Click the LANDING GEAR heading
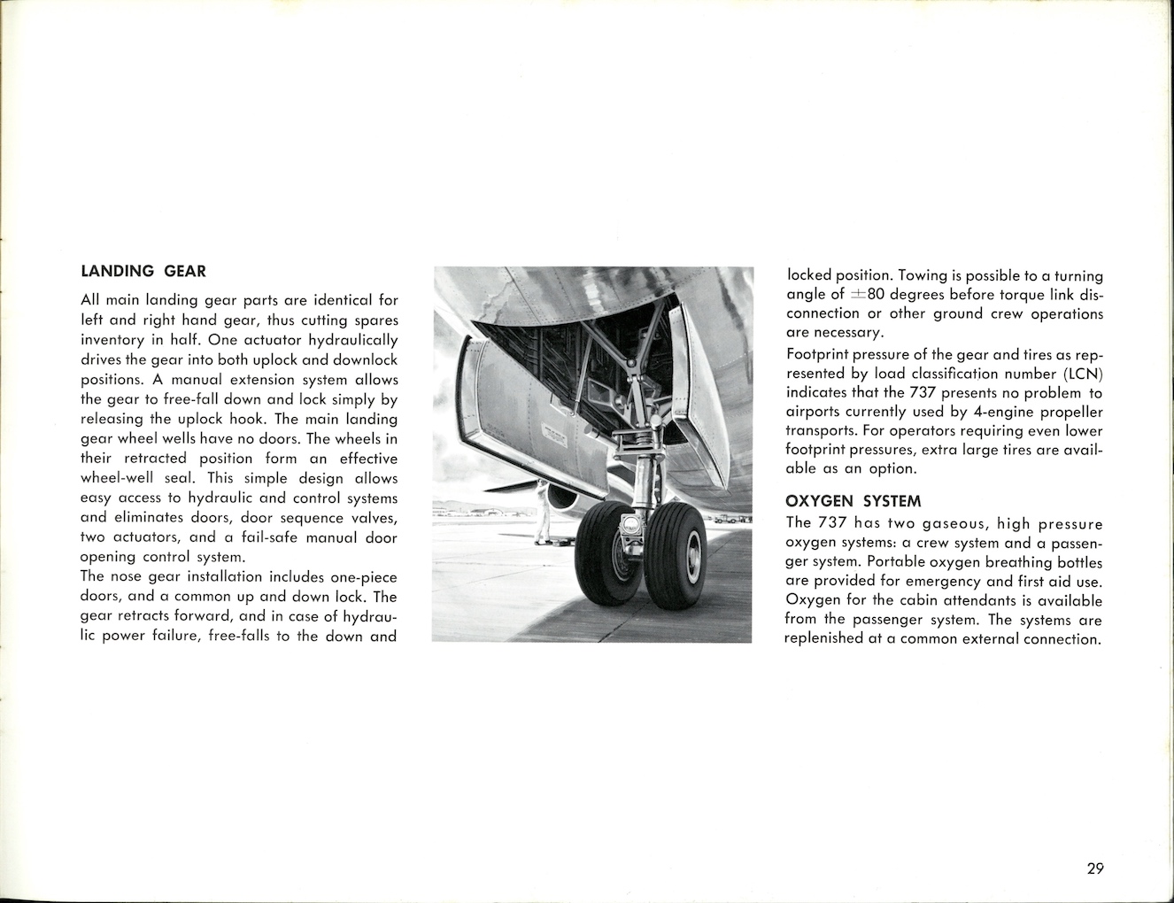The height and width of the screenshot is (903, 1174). pos(143,271)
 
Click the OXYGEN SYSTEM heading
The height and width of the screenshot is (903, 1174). pos(853,501)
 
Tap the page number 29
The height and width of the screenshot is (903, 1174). pos(1095,868)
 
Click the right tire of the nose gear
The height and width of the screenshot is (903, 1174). pos(676,558)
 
